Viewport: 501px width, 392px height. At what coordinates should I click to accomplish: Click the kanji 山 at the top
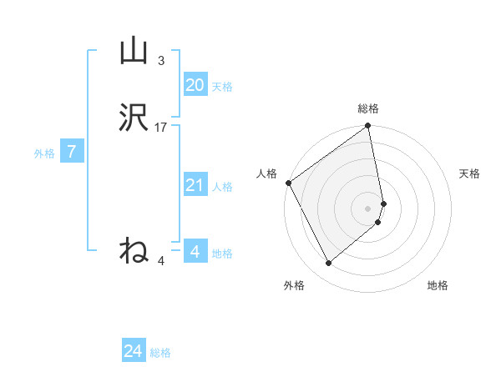pyautogui.click(x=134, y=53)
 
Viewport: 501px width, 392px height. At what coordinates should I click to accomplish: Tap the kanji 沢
pyautogui.click(x=134, y=119)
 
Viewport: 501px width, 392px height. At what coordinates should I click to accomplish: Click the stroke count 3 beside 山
pyautogui.click(x=161, y=61)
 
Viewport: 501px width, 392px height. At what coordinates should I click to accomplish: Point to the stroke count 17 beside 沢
pyautogui.click(x=161, y=128)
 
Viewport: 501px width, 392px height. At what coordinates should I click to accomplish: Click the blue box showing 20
pyautogui.click(x=195, y=85)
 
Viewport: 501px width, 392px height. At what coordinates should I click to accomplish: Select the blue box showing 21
pyautogui.click(x=195, y=185)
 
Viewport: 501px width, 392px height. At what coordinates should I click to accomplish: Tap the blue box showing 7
pyautogui.click(x=72, y=152)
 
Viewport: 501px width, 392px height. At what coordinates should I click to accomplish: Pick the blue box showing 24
pyautogui.click(x=134, y=351)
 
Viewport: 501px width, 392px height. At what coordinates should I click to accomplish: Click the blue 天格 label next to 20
pyautogui.click(x=222, y=87)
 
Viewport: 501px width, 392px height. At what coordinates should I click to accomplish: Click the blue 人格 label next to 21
pyautogui.click(x=222, y=187)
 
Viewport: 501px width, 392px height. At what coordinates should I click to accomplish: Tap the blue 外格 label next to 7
pyautogui.click(x=44, y=153)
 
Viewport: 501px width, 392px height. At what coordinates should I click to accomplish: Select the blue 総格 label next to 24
pyautogui.click(x=160, y=353)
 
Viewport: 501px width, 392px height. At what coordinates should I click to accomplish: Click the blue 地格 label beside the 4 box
pyautogui.click(x=222, y=254)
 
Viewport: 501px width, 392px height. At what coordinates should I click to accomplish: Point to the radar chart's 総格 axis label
pyautogui.click(x=368, y=108)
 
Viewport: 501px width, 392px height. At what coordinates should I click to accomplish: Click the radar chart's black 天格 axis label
pyautogui.click(x=470, y=173)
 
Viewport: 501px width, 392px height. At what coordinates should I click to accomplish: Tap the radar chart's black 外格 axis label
pyautogui.click(x=294, y=286)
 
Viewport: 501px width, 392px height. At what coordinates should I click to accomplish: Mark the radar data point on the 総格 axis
pyautogui.click(x=368, y=127)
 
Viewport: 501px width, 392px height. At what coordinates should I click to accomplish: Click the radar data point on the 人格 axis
pyautogui.click(x=288, y=183)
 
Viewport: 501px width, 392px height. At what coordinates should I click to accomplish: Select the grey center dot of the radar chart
pyautogui.click(x=368, y=208)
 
